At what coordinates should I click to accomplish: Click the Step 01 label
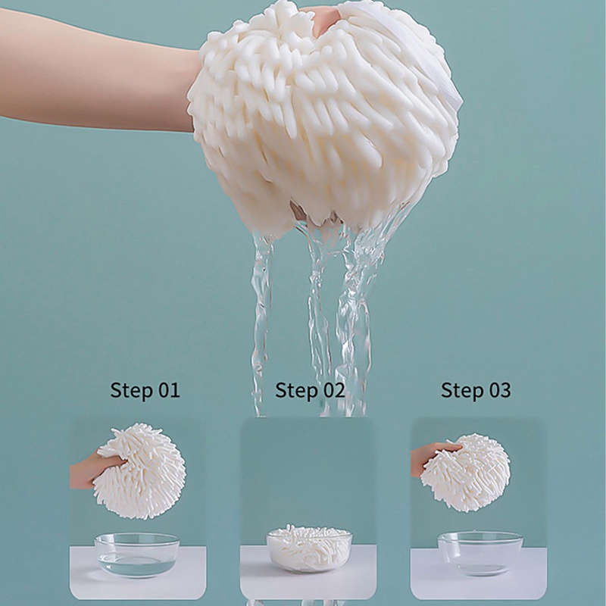tap(145, 391)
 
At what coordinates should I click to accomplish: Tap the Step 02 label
tap(309, 391)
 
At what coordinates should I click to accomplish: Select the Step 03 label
tap(476, 391)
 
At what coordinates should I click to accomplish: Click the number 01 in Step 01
tap(168, 391)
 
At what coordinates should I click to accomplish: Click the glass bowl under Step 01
tap(137, 554)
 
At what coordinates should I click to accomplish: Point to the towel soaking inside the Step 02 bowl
tap(309, 540)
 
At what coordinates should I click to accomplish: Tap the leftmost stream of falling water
tap(261, 318)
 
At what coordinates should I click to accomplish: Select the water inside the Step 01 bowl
tap(136, 562)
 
